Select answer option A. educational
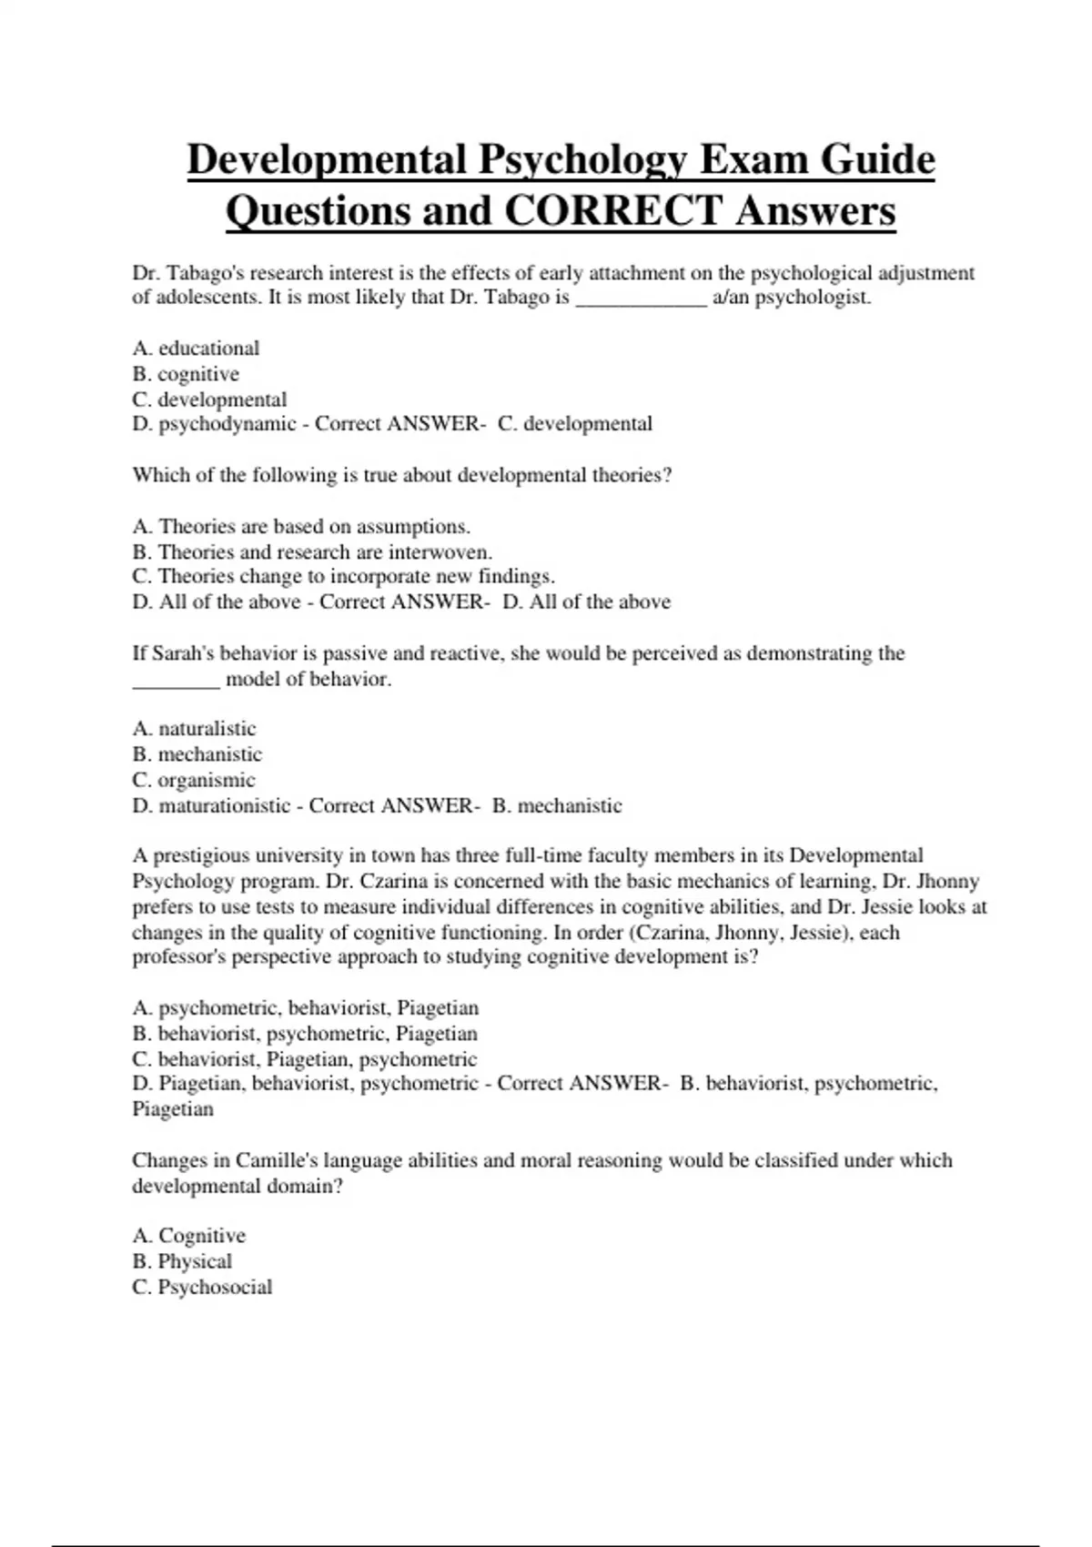pos(196,349)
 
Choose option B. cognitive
pos(186,374)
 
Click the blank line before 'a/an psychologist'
pos(642,298)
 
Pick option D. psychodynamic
pos(215,424)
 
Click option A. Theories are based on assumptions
pos(301,527)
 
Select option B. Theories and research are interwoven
pos(312,552)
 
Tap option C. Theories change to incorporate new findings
pos(343,577)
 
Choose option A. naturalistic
pos(195,729)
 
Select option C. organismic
pos(194,780)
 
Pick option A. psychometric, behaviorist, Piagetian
pos(305,1008)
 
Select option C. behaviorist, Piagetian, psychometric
pos(304,1059)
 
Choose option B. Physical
pos(182,1261)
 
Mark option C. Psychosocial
pos(202,1287)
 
